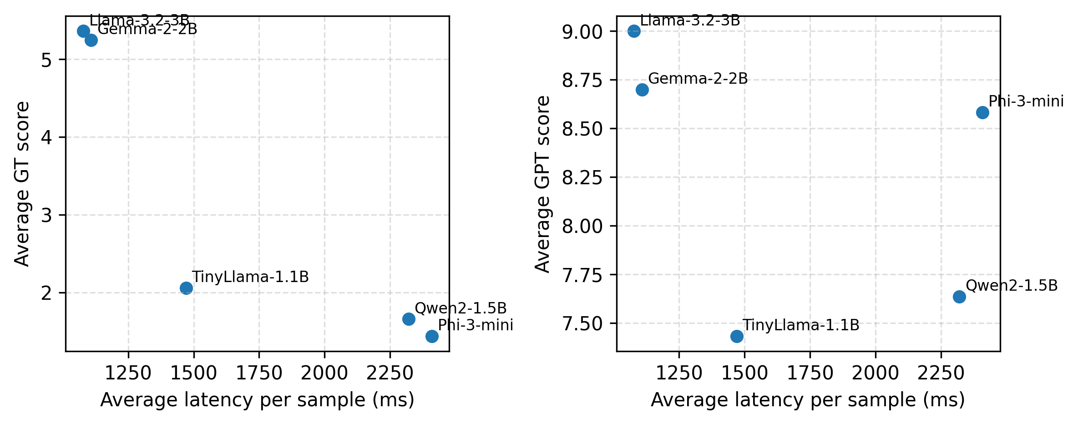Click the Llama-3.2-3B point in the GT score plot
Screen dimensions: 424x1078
(x=83, y=31)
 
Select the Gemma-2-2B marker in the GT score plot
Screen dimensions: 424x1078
(x=91, y=40)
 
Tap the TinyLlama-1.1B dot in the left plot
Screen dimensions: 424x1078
(x=186, y=288)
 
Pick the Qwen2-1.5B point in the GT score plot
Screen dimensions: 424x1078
(x=409, y=319)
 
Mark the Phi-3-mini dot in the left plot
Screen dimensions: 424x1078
(x=432, y=336)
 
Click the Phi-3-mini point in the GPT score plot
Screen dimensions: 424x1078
(x=982, y=112)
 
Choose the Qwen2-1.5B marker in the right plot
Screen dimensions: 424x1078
(x=959, y=297)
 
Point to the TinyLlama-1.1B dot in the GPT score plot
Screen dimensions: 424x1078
(x=737, y=336)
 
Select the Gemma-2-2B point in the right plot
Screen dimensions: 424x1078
(x=642, y=90)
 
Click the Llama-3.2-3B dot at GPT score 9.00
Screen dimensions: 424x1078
(x=634, y=31)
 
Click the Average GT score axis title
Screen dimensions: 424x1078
(x=22, y=184)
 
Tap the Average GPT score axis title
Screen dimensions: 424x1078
(x=542, y=184)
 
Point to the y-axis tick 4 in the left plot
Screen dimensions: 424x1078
(x=46, y=137)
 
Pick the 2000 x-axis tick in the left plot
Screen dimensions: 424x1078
(x=324, y=374)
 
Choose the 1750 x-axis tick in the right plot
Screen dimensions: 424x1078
(x=810, y=374)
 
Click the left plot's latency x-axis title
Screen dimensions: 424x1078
(x=257, y=400)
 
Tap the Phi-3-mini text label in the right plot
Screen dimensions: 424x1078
(x=1026, y=101)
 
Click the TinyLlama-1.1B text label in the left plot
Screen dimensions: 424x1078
(x=250, y=277)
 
